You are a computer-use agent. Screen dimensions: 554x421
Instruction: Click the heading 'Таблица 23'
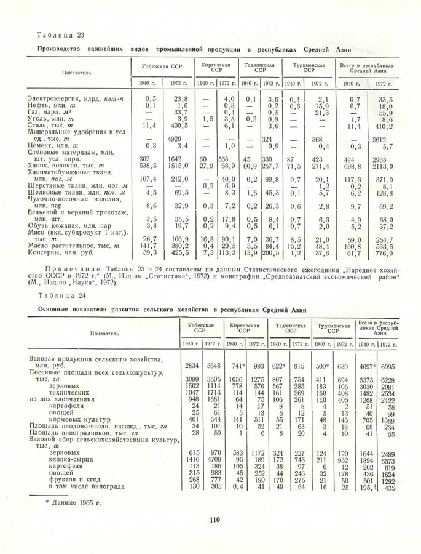tap(59, 35)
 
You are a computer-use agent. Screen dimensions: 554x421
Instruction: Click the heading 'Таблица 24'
tap(59, 295)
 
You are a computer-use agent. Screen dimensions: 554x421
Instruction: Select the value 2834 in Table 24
tap(192, 366)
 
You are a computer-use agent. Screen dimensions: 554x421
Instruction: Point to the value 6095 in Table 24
tap(387, 366)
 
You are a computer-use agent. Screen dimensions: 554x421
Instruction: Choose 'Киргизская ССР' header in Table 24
tap(243, 327)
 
